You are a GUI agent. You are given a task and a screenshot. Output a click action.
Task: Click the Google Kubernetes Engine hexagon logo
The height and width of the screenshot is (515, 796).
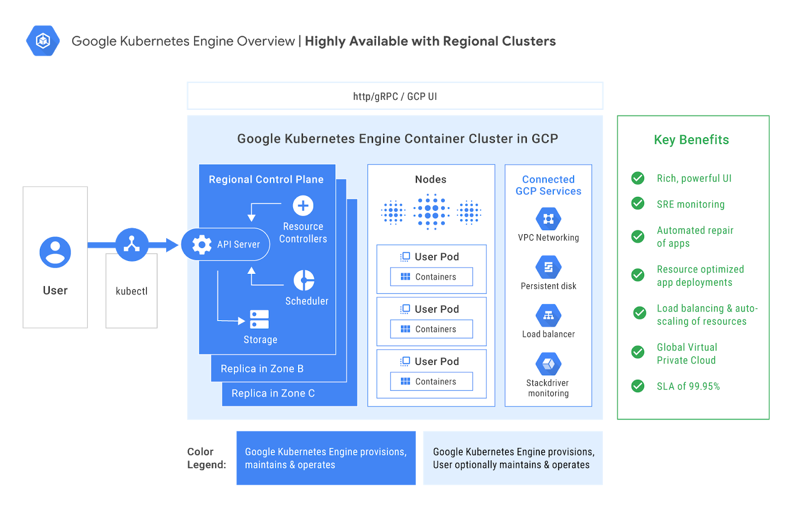[43, 41]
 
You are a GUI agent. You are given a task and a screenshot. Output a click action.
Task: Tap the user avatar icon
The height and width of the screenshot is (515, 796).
[55, 252]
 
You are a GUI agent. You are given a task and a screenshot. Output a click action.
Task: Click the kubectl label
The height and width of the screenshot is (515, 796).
[131, 291]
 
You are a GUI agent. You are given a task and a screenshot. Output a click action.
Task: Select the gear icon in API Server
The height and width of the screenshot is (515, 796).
[201, 244]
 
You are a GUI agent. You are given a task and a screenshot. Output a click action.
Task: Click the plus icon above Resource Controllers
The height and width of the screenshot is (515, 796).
[303, 205]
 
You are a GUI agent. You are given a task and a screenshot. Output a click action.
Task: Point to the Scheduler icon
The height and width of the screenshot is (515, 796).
[303, 280]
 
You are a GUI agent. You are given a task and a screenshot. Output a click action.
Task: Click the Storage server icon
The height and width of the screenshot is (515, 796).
[259, 320]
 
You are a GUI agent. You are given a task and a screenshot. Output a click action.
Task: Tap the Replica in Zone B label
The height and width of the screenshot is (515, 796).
[262, 369]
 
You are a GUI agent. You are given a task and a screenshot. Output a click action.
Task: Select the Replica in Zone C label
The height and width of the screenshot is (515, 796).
[273, 393]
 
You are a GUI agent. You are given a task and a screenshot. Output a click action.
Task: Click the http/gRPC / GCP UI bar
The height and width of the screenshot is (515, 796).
[395, 96]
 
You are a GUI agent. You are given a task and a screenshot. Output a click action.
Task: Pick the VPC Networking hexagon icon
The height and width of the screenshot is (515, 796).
[548, 219]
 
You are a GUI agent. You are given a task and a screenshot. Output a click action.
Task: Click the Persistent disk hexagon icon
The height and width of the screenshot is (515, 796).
[548, 267]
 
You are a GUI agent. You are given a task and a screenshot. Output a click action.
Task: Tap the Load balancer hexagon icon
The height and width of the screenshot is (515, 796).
[548, 316]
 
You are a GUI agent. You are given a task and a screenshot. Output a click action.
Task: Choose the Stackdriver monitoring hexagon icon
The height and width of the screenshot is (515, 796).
[548, 364]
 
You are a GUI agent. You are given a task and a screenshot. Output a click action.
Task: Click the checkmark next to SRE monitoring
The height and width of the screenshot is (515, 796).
[638, 203]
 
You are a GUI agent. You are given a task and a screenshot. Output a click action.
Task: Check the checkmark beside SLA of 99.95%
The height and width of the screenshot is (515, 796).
[638, 386]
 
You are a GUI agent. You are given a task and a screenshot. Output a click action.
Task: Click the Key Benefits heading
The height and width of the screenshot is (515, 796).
[691, 140]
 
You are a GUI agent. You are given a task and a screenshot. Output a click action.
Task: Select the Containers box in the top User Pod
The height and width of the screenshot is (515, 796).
[431, 277]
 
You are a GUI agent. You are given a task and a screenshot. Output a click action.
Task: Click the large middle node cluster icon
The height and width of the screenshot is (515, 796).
[431, 212]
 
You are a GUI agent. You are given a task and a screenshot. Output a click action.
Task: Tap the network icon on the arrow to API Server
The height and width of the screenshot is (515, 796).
[132, 244]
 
